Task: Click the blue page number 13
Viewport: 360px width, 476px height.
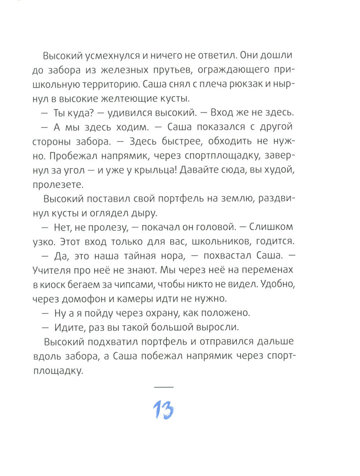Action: tap(163, 409)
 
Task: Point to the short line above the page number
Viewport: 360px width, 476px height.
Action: tap(164, 387)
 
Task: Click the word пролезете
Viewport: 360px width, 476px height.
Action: tap(58, 185)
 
